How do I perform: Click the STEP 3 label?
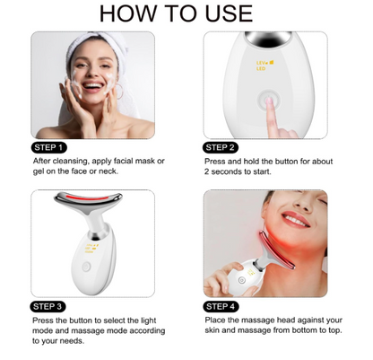(48, 306)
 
